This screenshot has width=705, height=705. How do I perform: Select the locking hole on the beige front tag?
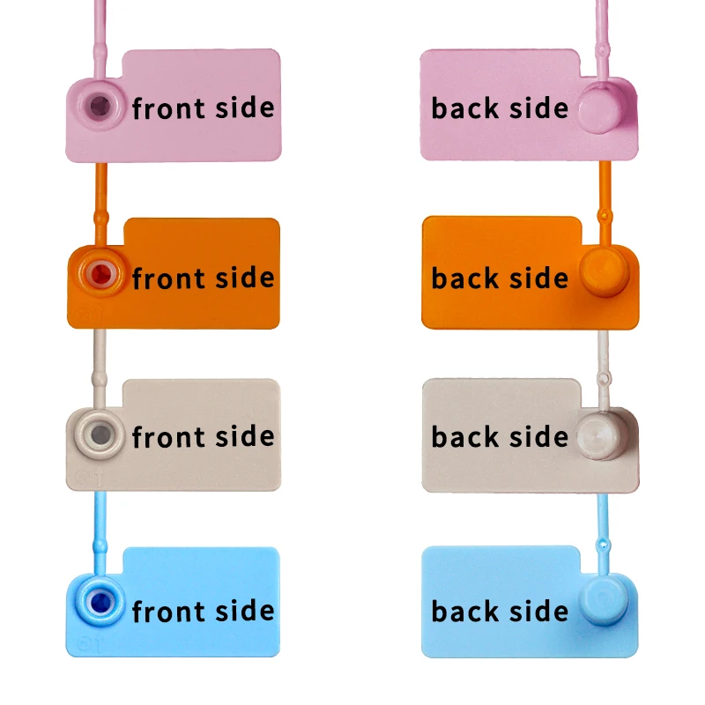tap(100, 434)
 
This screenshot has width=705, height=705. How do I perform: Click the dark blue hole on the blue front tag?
tap(98, 603)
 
